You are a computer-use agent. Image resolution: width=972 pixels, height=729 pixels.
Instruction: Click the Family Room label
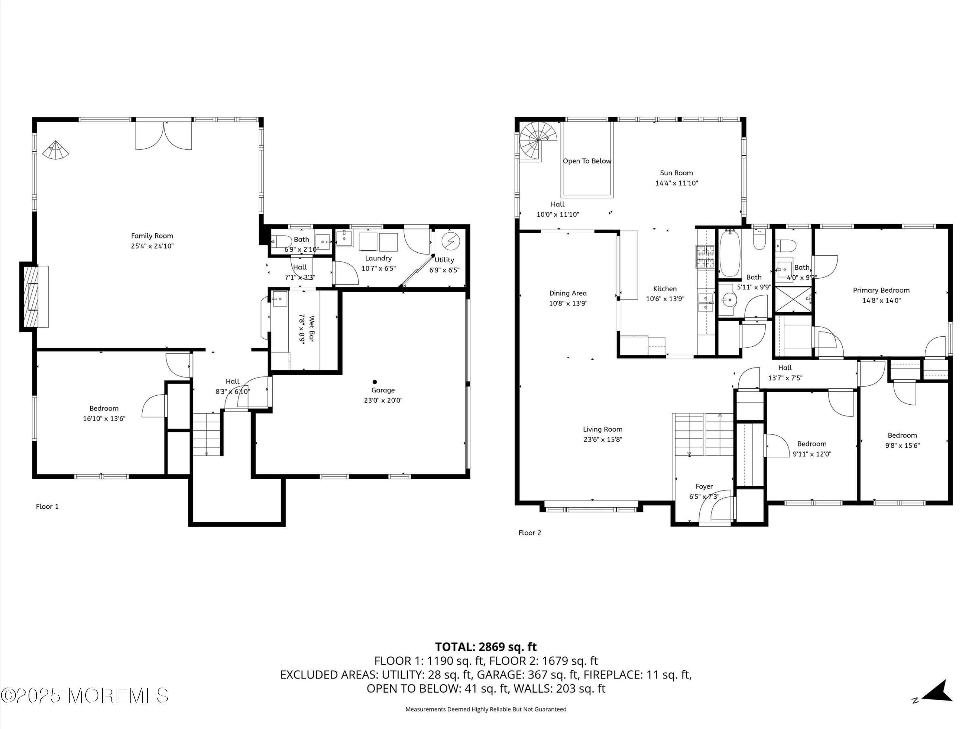click(152, 236)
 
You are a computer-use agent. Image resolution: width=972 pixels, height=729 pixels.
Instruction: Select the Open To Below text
click(587, 161)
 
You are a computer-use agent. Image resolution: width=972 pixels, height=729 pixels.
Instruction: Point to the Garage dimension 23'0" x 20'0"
click(383, 400)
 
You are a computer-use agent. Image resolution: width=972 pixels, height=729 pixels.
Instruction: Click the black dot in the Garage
click(375, 382)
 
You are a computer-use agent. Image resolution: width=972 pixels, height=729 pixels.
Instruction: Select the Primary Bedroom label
click(881, 290)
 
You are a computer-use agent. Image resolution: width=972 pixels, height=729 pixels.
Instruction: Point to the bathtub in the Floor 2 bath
click(730, 254)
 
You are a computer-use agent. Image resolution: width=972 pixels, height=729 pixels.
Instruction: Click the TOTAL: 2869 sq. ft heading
click(486, 647)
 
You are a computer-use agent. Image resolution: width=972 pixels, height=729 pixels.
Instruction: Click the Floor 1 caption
click(47, 507)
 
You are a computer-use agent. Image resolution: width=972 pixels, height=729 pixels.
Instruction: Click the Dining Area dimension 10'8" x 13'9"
click(568, 304)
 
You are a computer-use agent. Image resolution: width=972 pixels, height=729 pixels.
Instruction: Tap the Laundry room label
click(378, 258)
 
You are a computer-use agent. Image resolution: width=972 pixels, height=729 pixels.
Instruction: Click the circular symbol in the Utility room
click(450, 242)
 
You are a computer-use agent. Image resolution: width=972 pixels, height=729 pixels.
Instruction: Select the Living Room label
click(602, 429)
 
